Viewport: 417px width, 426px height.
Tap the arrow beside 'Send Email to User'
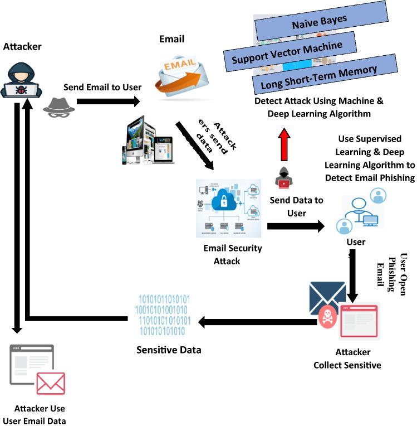(x=108, y=101)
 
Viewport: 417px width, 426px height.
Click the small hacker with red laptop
(x=284, y=177)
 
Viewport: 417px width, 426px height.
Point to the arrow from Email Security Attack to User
(x=296, y=226)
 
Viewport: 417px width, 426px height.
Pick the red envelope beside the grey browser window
(x=51, y=384)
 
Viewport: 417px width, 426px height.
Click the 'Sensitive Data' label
(x=169, y=350)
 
